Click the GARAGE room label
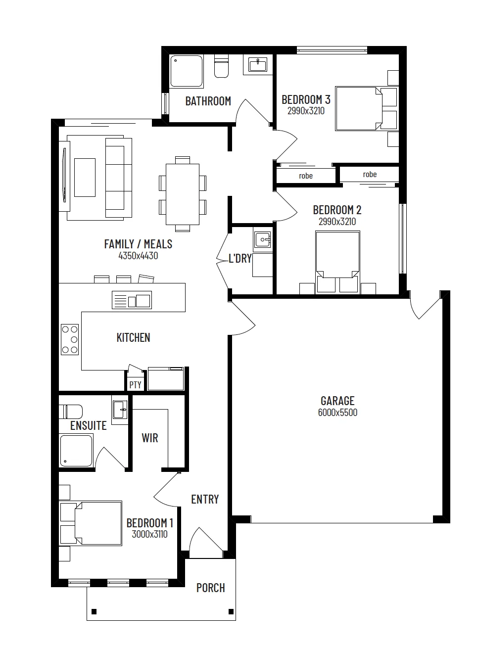point(337,401)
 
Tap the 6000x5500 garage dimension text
point(337,412)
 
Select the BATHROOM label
point(208,101)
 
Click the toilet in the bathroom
point(221,66)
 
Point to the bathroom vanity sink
point(257,65)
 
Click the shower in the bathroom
point(187,71)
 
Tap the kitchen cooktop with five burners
point(70,339)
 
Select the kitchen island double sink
point(132,300)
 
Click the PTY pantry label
point(135,385)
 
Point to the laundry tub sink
point(263,239)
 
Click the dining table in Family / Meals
point(183,194)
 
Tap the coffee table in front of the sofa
point(85,178)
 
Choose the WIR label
point(150,438)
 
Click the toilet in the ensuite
point(71,412)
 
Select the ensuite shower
point(76,451)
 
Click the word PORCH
point(211,588)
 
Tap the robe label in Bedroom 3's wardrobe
point(306,176)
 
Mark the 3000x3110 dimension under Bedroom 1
point(149,534)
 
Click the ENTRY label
point(205,499)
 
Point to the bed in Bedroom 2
point(337,262)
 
